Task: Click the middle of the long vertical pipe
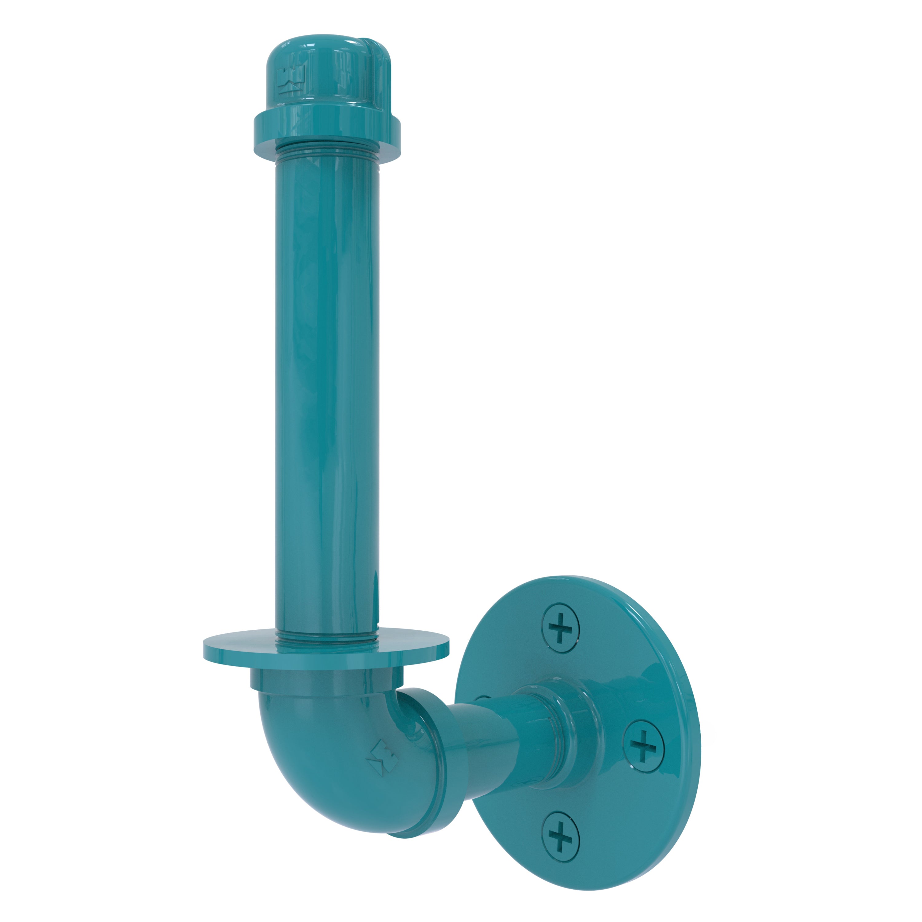[x=327, y=382]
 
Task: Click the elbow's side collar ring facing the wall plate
[x=441, y=759]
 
